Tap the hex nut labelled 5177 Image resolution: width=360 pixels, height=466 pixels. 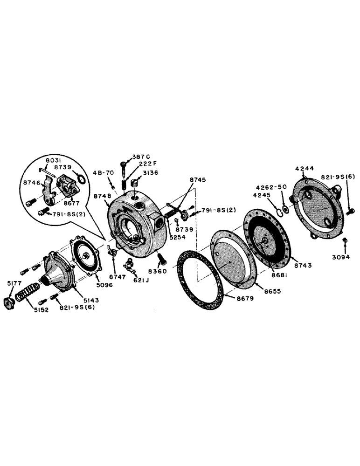pyautogui.click(x=11, y=301)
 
